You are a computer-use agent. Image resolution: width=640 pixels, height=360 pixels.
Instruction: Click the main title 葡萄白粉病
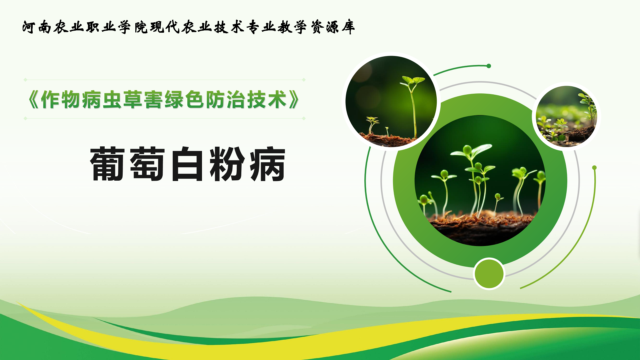(188, 164)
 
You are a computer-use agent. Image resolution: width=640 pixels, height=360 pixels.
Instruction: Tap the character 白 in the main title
(187, 164)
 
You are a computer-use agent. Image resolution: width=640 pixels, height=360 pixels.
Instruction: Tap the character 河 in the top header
(29, 27)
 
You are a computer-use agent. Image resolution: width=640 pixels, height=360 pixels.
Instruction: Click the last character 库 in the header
(348, 27)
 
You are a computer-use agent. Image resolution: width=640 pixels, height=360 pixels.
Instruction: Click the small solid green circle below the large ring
(489, 274)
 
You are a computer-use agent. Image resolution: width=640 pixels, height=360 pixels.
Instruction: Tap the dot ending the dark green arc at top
(489, 66)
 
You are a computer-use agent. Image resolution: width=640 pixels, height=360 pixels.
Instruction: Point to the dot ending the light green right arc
(594, 168)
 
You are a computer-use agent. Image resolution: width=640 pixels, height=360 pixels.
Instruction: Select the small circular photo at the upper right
(566, 116)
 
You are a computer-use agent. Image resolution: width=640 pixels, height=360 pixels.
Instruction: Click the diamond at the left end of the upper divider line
(25, 80)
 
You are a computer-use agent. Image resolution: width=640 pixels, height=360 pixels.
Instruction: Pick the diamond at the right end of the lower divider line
(304, 118)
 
